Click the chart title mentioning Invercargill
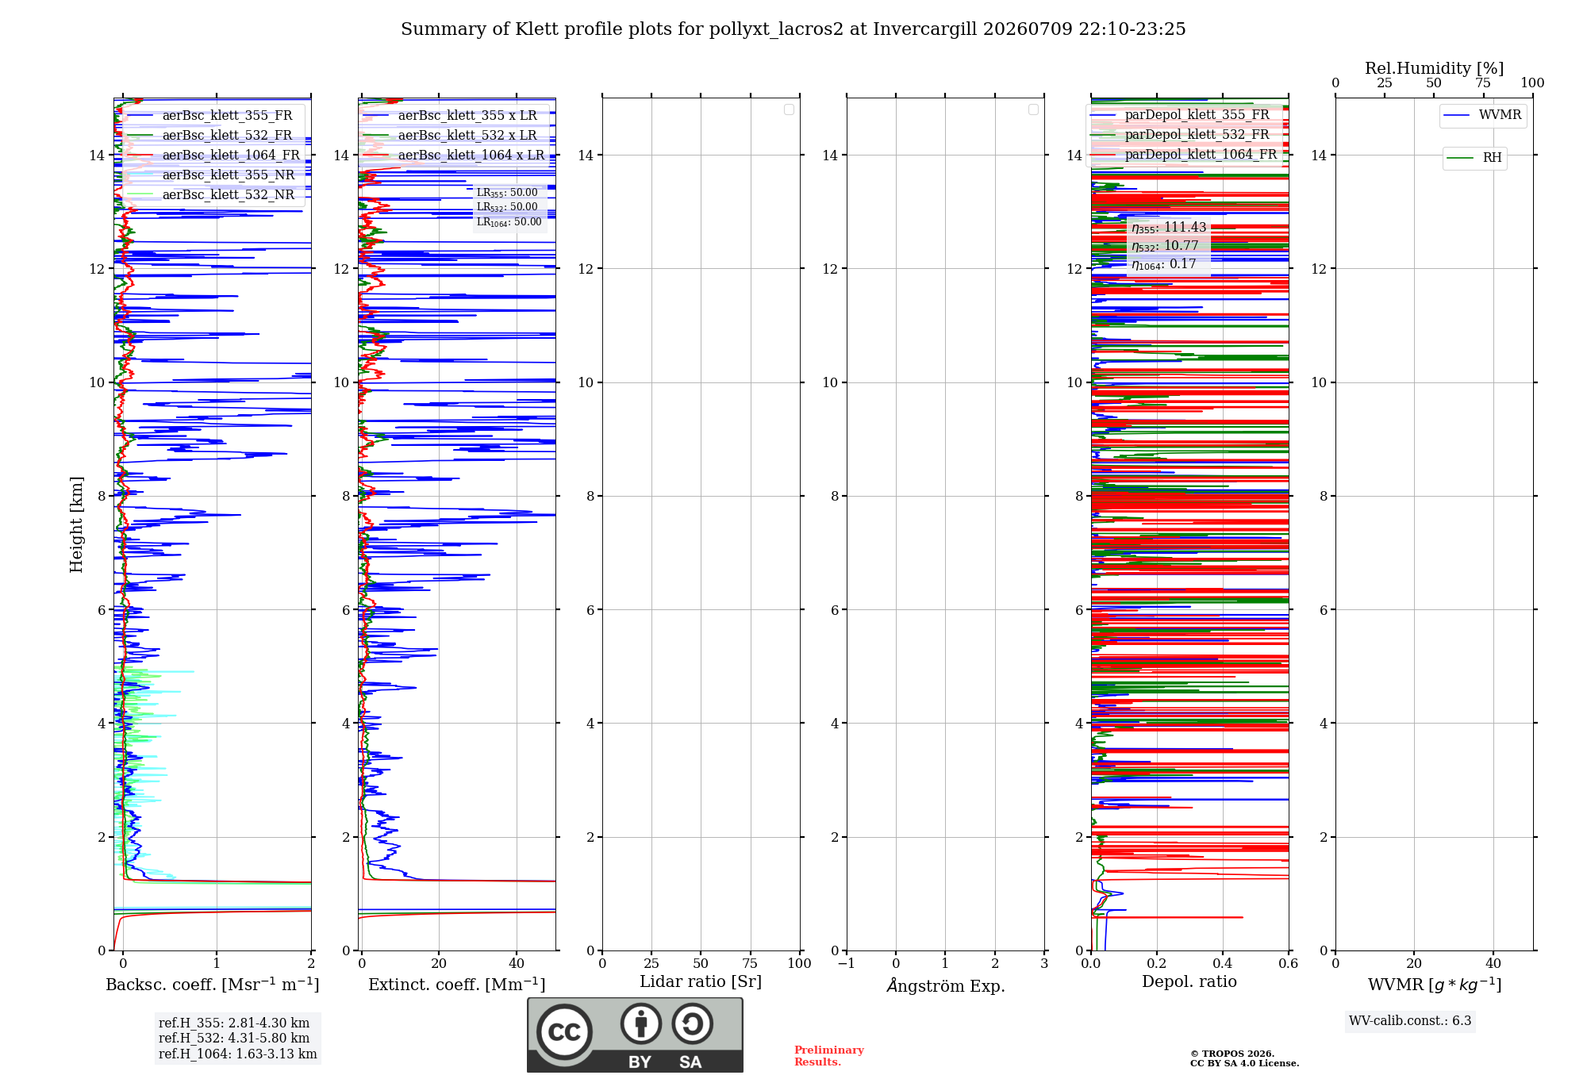[793, 29]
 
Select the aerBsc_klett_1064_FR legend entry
[213, 155]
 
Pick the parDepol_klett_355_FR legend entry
[1181, 114]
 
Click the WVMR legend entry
[1482, 115]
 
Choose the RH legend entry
[1474, 158]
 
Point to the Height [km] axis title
[76, 524]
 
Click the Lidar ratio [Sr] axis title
[701, 981]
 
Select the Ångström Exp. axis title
[946, 985]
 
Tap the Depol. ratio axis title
[1189, 981]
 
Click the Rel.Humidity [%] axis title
[1435, 68]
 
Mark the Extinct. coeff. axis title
[457, 985]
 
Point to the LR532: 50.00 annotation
[507, 207]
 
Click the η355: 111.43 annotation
[1169, 228]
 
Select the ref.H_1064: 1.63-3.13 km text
[238, 1054]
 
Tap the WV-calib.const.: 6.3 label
[1410, 1020]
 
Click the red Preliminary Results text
[829, 1056]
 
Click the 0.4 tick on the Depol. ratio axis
[1223, 963]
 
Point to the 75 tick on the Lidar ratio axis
[750, 963]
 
